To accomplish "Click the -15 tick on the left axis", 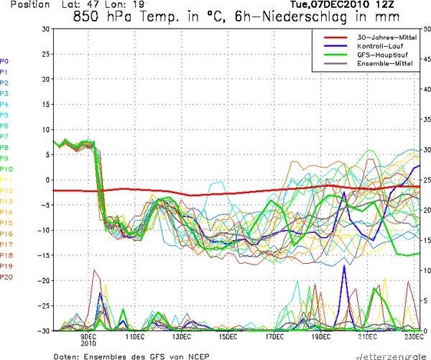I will [x=45, y=255].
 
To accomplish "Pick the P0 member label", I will [x=4, y=61].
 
